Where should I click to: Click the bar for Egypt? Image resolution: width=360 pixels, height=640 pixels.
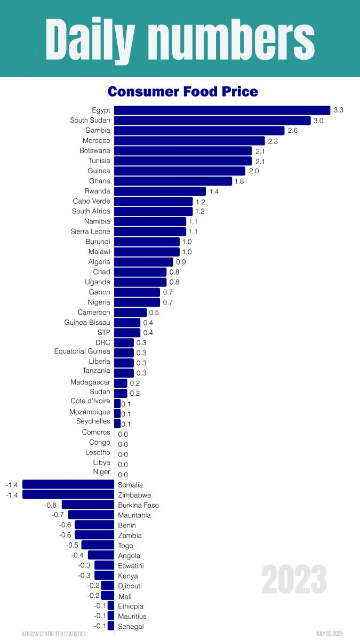(222, 110)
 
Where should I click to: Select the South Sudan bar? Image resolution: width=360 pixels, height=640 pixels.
(212, 121)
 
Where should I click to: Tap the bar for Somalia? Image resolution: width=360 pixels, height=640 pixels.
(68, 484)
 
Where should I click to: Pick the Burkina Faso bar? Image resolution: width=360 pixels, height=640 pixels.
(88, 505)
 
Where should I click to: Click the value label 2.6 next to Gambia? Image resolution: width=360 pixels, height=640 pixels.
(292, 131)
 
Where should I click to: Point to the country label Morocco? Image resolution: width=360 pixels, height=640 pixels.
(97, 140)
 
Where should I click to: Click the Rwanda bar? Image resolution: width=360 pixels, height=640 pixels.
(159, 191)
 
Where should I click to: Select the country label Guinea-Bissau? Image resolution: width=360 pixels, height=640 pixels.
(87, 322)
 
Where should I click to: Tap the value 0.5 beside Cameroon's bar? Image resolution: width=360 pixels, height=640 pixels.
(154, 313)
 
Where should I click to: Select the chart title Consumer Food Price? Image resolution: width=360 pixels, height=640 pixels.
(182, 92)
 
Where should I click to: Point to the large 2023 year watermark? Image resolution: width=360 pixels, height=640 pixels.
(294, 579)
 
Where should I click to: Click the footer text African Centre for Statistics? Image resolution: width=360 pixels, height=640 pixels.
(53, 634)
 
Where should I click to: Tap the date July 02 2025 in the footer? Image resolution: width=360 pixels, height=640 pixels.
(330, 634)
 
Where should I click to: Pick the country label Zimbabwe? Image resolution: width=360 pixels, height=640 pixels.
(134, 495)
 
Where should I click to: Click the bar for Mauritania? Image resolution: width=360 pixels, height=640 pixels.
(91, 515)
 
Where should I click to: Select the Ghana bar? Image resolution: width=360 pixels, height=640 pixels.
(173, 181)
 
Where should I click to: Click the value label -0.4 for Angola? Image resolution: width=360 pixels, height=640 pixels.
(78, 555)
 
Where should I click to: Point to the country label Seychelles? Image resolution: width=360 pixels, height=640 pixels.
(93, 421)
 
